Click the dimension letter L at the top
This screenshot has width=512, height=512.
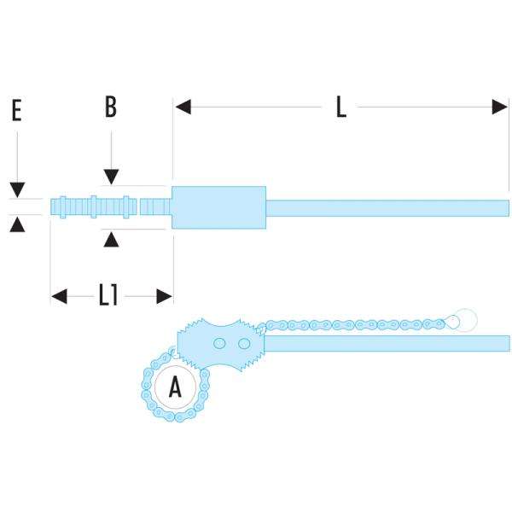340,108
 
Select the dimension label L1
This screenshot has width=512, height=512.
108,295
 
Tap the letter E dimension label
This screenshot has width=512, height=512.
16,112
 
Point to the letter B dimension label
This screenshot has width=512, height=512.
110,107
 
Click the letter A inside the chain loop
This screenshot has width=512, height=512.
175,388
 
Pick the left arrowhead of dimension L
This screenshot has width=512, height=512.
183,108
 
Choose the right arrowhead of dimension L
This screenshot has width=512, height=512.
501,108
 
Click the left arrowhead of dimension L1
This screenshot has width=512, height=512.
59,296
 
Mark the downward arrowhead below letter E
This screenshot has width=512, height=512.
17,189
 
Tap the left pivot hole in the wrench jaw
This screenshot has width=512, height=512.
220,343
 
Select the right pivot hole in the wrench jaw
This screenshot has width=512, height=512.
244,343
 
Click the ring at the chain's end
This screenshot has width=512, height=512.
465,318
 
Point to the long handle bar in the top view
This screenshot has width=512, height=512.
388,207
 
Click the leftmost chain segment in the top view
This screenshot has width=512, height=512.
59,206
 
